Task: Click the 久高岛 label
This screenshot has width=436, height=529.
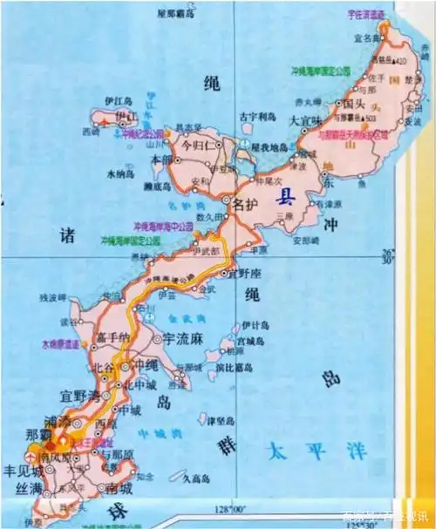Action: point(174,477)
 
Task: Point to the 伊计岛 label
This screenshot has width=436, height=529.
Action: point(260,325)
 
